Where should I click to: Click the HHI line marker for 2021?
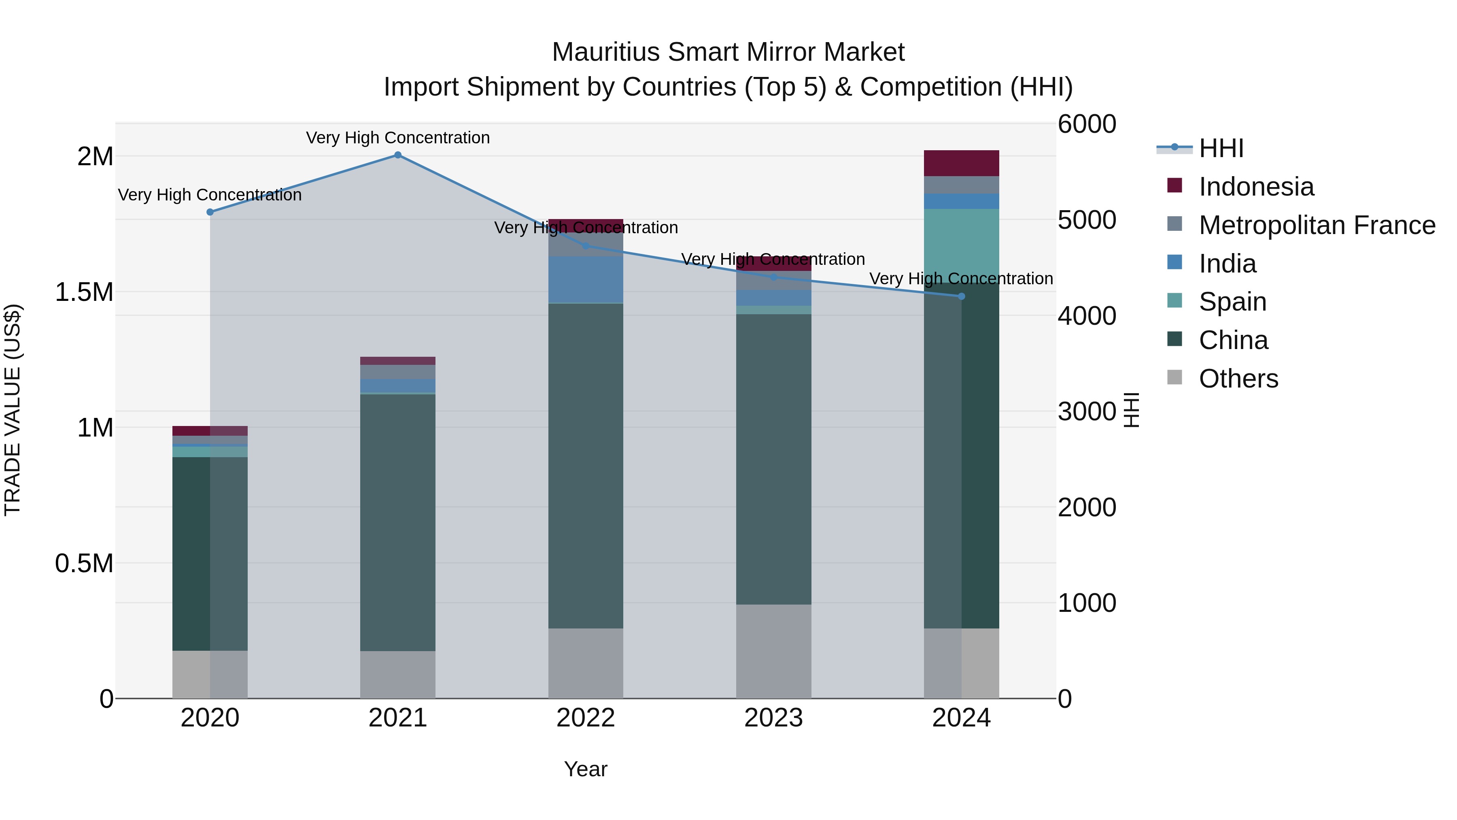pyautogui.click(x=397, y=155)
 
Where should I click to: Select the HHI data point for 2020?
pyautogui.click(x=210, y=212)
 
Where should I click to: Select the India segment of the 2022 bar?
pyautogui.click(x=585, y=279)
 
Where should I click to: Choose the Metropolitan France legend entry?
pyautogui.click(x=1316, y=225)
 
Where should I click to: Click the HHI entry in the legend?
pyautogui.click(x=1221, y=148)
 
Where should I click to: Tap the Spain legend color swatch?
pyautogui.click(x=1175, y=300)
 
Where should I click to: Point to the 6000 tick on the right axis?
pyautogui.click(x=1087, y=124)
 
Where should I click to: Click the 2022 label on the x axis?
pyautogui.click(x=585, y=718)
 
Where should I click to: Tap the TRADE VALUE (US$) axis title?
pyautogui.click(x=13, y=410)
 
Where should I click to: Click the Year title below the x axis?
pyautogui.click(x=585, y=769)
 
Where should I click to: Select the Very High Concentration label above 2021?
pyautogui.click(x=397, y=138)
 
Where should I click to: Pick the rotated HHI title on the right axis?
pyautogui.click(x=1131, y=410)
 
